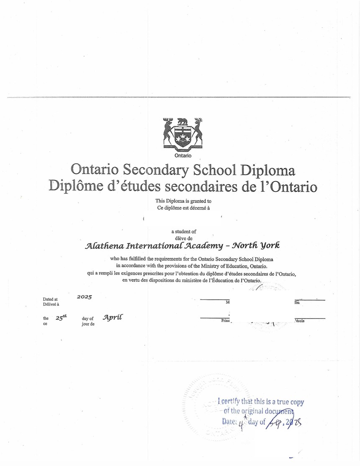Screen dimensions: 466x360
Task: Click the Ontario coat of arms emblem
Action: [x=183, y=133]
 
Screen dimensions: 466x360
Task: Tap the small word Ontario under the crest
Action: [x=183, y=156]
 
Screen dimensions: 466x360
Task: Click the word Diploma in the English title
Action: [x=267, y=170]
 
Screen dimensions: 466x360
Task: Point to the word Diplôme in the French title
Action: [x=75, y=186]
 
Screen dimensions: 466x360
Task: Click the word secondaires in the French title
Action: [x=195, y=186]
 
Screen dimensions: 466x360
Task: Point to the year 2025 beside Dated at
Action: [x=84, y=297]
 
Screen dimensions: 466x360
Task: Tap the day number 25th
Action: [x=61, y=317]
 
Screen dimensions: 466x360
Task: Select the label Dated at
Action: [x=50, y=299]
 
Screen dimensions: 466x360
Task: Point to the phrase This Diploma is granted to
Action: [x=183, y=201]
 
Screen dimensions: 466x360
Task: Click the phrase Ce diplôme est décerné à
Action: [x=183, y=208]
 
